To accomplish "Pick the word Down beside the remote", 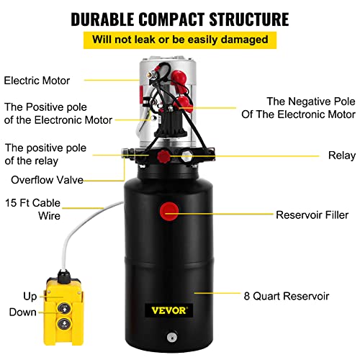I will (23, 312).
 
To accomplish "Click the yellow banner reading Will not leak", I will (179, 38).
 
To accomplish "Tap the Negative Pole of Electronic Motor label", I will (310, 107).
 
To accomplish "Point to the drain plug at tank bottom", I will (170, 336).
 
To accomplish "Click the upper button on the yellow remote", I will (63, 296).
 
